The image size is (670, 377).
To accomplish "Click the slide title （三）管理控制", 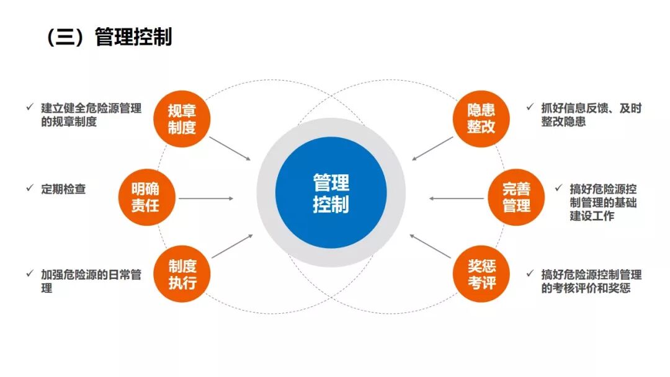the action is click(109, 37).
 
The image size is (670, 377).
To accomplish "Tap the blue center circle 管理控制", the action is click(331, 193).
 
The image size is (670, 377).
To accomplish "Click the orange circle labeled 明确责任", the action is click(145, 197).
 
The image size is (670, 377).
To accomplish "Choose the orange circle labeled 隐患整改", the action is click(481, 119).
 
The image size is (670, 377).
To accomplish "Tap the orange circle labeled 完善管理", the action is click(516, 197).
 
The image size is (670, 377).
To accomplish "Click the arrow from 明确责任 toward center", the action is click(206, 199).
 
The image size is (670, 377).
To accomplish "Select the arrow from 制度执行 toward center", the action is click(232, 246).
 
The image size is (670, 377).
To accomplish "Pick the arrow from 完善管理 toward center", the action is click(457, 199).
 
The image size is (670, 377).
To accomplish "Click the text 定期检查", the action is click(63, 189).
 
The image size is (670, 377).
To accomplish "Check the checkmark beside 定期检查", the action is click(29, 188).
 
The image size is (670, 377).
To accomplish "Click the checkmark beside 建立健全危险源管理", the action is click(29, 107).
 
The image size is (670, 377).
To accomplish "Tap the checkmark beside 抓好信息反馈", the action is click(530, 107).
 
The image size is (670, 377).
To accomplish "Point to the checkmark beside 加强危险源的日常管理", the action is click(29, 273).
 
